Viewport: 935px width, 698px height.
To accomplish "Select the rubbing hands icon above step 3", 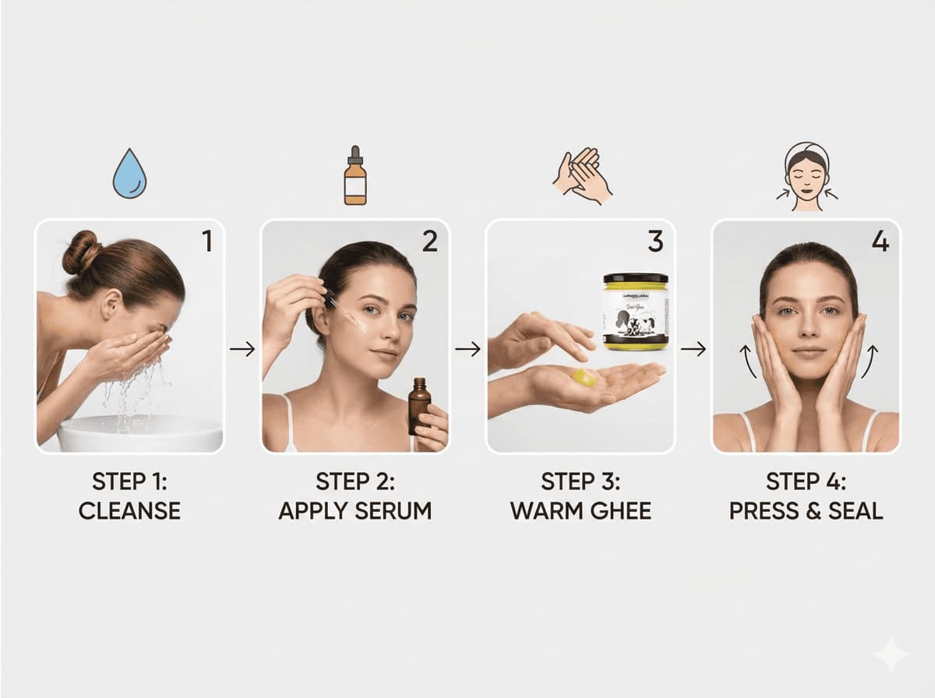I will (582, 175).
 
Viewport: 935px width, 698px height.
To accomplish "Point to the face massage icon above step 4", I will (806, 177).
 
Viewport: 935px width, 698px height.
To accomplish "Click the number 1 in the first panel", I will (206, 242).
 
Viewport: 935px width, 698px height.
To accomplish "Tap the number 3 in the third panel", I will (655, 242).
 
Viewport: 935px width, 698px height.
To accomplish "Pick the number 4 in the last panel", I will (880, 242).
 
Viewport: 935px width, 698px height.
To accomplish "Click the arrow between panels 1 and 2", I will (242, 349).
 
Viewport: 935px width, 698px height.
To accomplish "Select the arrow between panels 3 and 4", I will (693, 349).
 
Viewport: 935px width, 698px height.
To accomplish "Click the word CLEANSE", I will (129, 511).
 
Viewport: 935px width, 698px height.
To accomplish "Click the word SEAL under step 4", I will (855, 511).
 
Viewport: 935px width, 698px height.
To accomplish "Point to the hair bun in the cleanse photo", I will (81, 252).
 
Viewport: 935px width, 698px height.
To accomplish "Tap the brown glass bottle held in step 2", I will (419, 404).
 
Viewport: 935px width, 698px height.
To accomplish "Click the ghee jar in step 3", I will (635, 312).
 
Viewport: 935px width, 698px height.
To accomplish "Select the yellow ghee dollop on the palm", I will (584, 378).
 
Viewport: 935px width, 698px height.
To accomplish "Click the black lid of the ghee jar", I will (635, 278).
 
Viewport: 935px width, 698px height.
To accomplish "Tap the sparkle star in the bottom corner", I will (890, 654).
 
